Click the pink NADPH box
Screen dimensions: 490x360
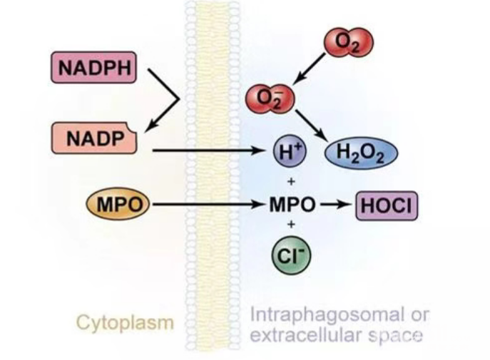coord(93,67)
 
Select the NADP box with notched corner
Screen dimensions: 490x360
coord(93,138)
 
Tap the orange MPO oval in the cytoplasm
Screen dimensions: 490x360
coord(118,204)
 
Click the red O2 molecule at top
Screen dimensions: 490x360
coord(349,42)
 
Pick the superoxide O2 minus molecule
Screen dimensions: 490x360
coord(270,98)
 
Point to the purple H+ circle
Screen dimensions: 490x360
coord(290,151)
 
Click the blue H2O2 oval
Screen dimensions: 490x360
coord(361,153)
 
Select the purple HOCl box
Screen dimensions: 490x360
coord(387,206)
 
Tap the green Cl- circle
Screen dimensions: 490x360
coord(291,255)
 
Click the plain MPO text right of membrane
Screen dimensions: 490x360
coord(292,205)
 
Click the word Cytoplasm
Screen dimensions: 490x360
coord(125,323)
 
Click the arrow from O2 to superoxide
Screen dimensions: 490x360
coord(309,68)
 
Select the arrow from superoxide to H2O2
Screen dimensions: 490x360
coord(312,125)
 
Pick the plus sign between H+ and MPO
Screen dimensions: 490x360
coord(291,181)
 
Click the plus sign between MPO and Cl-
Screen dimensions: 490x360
coord(291,224)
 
